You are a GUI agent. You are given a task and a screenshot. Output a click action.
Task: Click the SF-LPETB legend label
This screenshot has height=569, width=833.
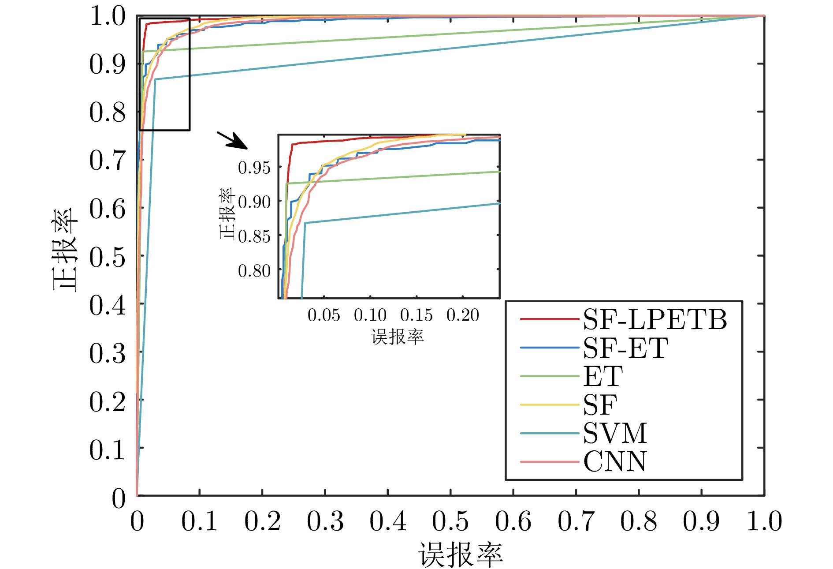654,319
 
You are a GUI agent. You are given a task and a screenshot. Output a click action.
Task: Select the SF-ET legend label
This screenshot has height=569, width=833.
625,348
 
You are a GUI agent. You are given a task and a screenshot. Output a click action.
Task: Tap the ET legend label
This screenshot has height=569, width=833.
602,376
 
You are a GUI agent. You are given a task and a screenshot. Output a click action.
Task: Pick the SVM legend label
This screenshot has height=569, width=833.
615,433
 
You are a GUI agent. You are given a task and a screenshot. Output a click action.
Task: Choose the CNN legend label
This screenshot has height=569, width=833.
615,461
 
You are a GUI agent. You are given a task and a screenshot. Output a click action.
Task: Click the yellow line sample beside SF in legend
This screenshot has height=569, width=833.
549,404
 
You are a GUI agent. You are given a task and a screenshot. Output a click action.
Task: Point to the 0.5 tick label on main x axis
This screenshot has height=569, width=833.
450,521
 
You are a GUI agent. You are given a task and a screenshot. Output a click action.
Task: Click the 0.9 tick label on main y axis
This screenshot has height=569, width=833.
107,64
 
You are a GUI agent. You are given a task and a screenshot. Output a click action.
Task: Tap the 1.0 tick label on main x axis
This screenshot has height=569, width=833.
764,521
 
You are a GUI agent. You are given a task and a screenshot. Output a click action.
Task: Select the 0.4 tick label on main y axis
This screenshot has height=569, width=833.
107,304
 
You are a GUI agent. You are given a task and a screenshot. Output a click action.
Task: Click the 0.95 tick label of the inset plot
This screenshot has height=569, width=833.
254,168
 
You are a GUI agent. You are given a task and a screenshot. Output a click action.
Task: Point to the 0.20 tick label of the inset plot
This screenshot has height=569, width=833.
462,315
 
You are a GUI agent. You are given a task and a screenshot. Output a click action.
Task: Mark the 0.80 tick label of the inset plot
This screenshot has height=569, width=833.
254,270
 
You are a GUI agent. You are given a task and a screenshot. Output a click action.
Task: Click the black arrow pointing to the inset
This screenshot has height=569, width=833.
232,140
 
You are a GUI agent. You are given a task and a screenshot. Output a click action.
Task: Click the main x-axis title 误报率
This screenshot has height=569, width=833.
460,555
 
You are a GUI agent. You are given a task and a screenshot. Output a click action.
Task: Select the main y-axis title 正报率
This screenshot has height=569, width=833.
65,250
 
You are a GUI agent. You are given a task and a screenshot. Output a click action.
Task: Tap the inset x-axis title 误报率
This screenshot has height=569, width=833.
397,337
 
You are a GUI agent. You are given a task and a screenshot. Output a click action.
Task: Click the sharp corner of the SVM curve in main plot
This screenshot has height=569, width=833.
155,79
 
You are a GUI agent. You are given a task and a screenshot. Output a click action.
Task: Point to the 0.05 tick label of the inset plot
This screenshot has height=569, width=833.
324,315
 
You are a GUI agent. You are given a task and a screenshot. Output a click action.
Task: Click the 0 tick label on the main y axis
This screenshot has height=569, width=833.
118,498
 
